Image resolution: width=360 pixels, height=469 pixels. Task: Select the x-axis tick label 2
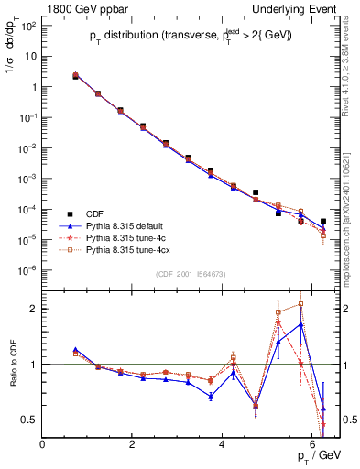coord(133,444)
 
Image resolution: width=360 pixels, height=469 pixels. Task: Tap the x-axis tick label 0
coord(43,444)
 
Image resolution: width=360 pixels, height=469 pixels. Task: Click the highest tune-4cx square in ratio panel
coord(301,303)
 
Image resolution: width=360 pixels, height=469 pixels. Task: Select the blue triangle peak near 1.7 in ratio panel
coord(301,323)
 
